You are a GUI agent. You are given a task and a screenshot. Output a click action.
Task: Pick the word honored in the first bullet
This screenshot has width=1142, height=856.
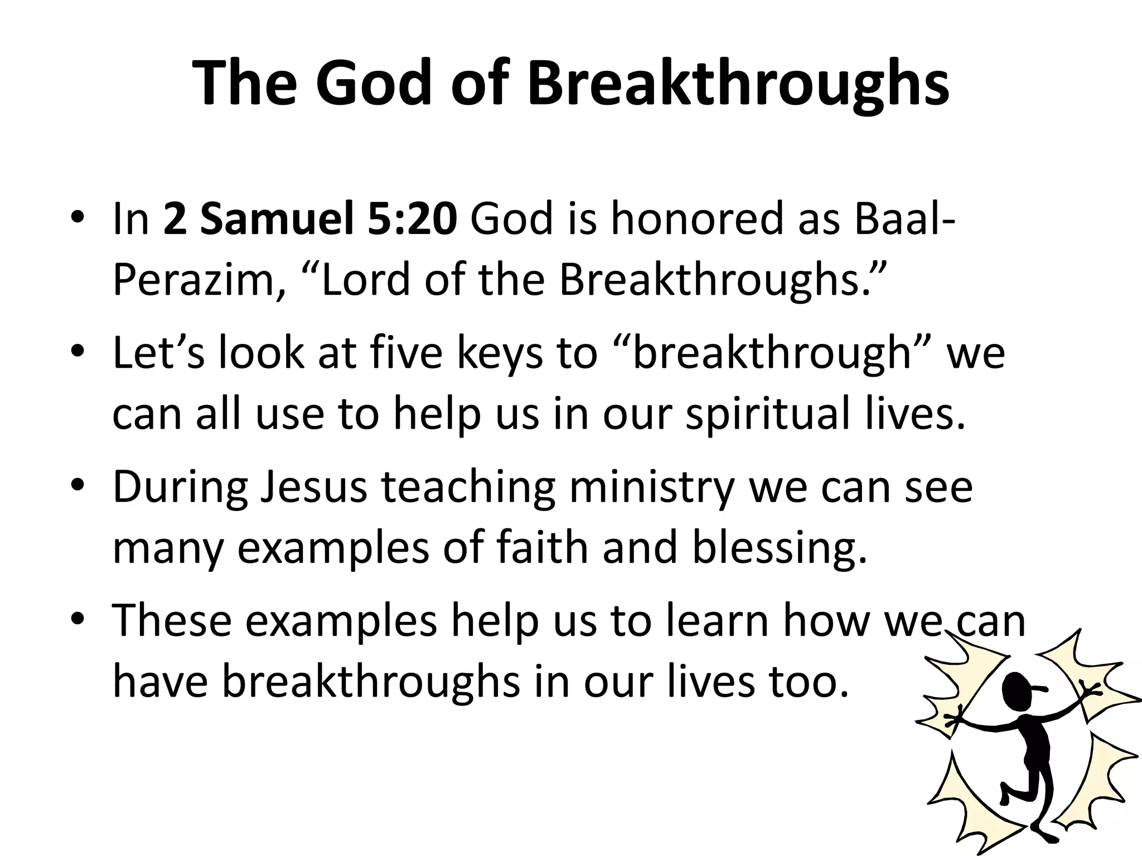(x=698, y=219)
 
